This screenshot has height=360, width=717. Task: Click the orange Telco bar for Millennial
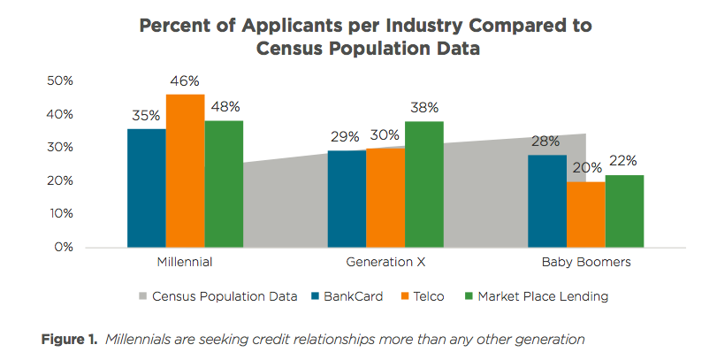coord(185,171)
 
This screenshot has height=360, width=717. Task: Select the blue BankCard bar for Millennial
coord(146,188)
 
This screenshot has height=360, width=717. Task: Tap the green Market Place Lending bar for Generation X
coord(423,184)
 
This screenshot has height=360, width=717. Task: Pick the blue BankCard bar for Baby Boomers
coord(547,201)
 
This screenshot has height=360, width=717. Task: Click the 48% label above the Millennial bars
coord(225,107)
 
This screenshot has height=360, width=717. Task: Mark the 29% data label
coord(345,137)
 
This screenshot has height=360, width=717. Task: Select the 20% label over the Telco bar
coord(586,168)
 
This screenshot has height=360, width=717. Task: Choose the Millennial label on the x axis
coord(184,263)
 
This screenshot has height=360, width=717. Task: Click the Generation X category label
coord(385,263)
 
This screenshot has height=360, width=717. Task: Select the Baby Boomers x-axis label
coord(585,263)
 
